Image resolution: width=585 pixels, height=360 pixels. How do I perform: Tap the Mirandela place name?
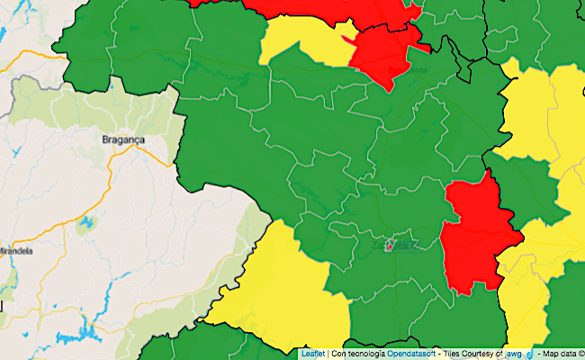point(15,251)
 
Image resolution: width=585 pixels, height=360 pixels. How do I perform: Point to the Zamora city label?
point(396,244)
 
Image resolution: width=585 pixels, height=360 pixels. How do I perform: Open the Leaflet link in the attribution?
point(312,354)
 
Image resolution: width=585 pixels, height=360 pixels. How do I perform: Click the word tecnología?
point(364,354)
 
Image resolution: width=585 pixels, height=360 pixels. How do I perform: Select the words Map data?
point(556,354)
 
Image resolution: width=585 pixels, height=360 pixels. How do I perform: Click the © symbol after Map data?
point(580,354)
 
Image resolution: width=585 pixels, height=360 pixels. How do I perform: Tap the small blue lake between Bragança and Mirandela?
point(86,221)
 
